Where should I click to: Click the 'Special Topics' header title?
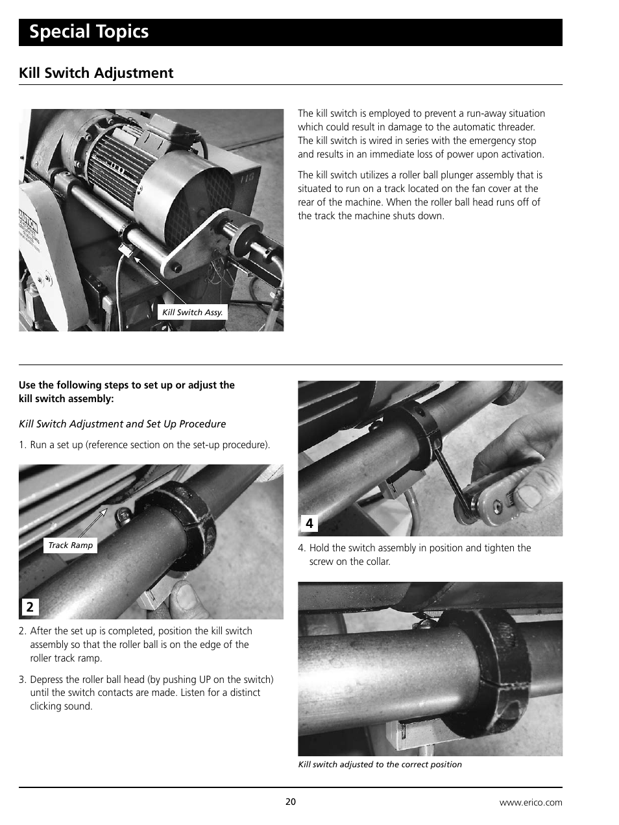89,32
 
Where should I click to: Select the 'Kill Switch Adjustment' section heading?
96,73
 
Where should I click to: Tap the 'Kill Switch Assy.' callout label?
192,312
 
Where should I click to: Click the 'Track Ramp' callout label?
70,545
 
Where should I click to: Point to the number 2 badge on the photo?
29,607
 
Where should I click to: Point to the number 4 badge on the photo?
309,523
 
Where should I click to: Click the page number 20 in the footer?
291,802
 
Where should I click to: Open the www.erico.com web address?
530,802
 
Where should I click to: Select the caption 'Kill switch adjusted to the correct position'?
380,765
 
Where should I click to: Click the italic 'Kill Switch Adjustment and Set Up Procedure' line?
123,424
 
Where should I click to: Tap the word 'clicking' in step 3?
48,706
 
